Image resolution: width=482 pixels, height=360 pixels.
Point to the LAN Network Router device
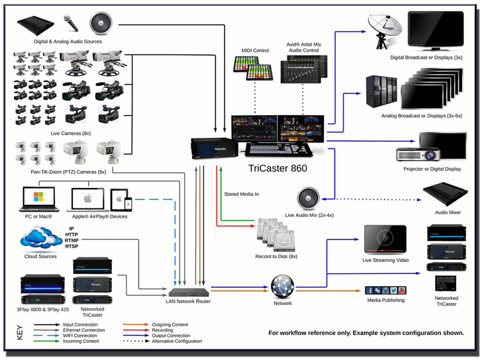[x=188, y=292]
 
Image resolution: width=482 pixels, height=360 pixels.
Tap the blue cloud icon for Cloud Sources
[x=41, y=236]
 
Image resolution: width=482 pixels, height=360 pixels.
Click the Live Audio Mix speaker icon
[x=308, y=197]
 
